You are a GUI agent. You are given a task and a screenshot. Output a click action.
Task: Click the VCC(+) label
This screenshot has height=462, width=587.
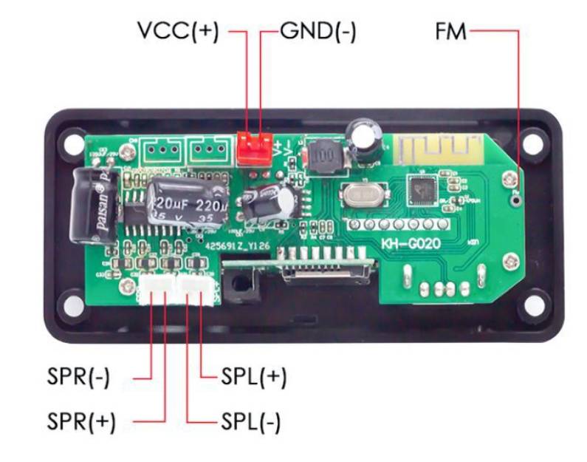[178, 32]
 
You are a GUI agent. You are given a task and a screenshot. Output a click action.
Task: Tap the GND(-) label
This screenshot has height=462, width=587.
[318, 32]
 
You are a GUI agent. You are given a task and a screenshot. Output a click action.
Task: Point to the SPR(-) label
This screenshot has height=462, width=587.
[78, 377]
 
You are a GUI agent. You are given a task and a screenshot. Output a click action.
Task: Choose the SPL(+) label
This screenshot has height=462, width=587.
[253, 377]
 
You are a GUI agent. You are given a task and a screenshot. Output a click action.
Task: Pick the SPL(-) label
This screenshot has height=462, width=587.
[251, 422]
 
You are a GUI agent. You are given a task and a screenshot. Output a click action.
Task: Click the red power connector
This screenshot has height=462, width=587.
[253, 149]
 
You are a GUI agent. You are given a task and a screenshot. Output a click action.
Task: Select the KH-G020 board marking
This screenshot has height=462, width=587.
[410, 243]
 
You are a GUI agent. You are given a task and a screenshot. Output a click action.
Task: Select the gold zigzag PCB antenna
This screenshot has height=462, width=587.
[425, 150]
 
